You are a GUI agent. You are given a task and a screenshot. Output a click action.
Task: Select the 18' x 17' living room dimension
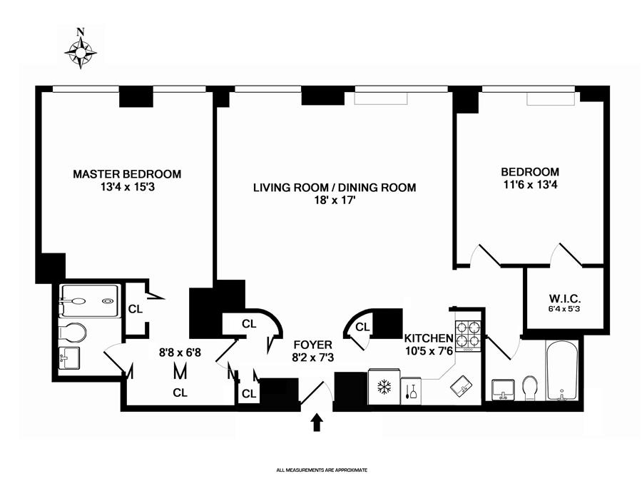pyautogui.click(x=335, y=201)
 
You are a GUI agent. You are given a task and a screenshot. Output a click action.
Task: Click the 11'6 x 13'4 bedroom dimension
pyautogui.click(x=529, y=185)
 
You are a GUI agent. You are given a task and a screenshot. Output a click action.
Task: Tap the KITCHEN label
pyautogui.click(x=429, y=338)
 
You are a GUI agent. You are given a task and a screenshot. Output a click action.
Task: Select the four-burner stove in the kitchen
pyautogui.click(x=468, y=334)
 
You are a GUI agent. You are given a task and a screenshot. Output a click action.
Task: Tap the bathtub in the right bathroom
pyautogui.click(x=564, y=371)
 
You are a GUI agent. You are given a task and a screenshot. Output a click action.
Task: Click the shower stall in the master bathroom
pyautogui.click(x=89, y=300)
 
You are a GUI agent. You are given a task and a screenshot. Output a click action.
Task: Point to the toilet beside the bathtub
pyautogui.click(x=530, y=388)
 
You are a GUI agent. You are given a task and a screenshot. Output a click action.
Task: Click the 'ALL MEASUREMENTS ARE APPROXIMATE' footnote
pyautogui.click(x=321, y=470)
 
